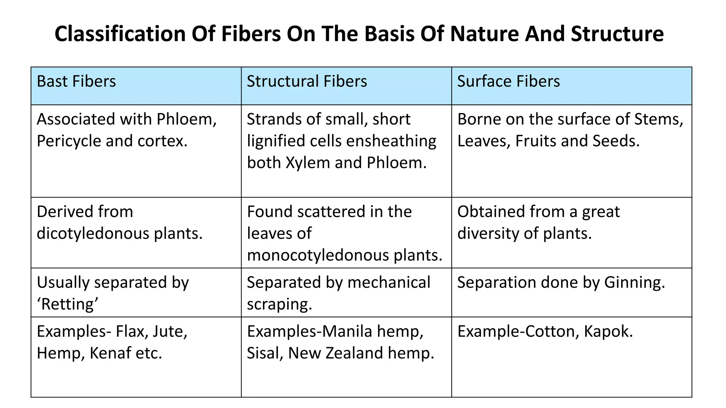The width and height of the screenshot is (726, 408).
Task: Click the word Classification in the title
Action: coord(120,34)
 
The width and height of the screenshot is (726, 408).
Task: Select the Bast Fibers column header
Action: coord(76,81)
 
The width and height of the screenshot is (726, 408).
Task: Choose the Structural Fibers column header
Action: coord(307,81)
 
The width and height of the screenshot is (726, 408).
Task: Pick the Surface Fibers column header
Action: coord(508,81)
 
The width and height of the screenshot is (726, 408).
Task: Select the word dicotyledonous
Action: coord(93,234)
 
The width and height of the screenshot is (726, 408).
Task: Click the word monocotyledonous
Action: coord(318,255)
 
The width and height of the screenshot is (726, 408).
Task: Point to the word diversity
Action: coord(488,234)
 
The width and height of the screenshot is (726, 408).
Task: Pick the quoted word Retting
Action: coord(67,304)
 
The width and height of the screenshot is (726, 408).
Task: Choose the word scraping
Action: coord(279,304)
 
